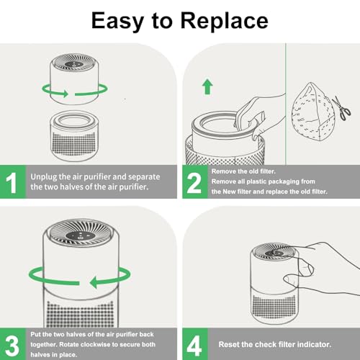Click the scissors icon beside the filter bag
tap(344, 109)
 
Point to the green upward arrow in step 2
tap(207, 88)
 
